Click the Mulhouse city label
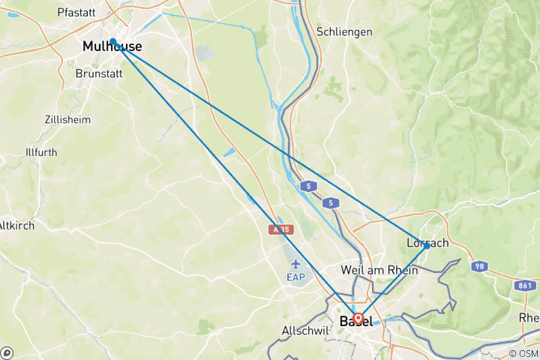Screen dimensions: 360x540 pos(112,47)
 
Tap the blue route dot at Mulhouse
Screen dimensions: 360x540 pos(112,41)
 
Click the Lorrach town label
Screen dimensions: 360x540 pos(427,243)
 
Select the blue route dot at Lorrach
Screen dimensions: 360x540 pos(427,246)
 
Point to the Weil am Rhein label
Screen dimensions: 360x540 pos(379,270)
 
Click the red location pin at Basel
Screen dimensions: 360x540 pos(358,318)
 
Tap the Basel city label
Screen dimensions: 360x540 pos(356,321)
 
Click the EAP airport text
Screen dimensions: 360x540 pos(296,277)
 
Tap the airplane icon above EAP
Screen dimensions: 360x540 pos(296,264)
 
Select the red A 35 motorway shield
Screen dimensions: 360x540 pos(281,230)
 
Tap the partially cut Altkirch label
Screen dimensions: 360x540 pos(15,225)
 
